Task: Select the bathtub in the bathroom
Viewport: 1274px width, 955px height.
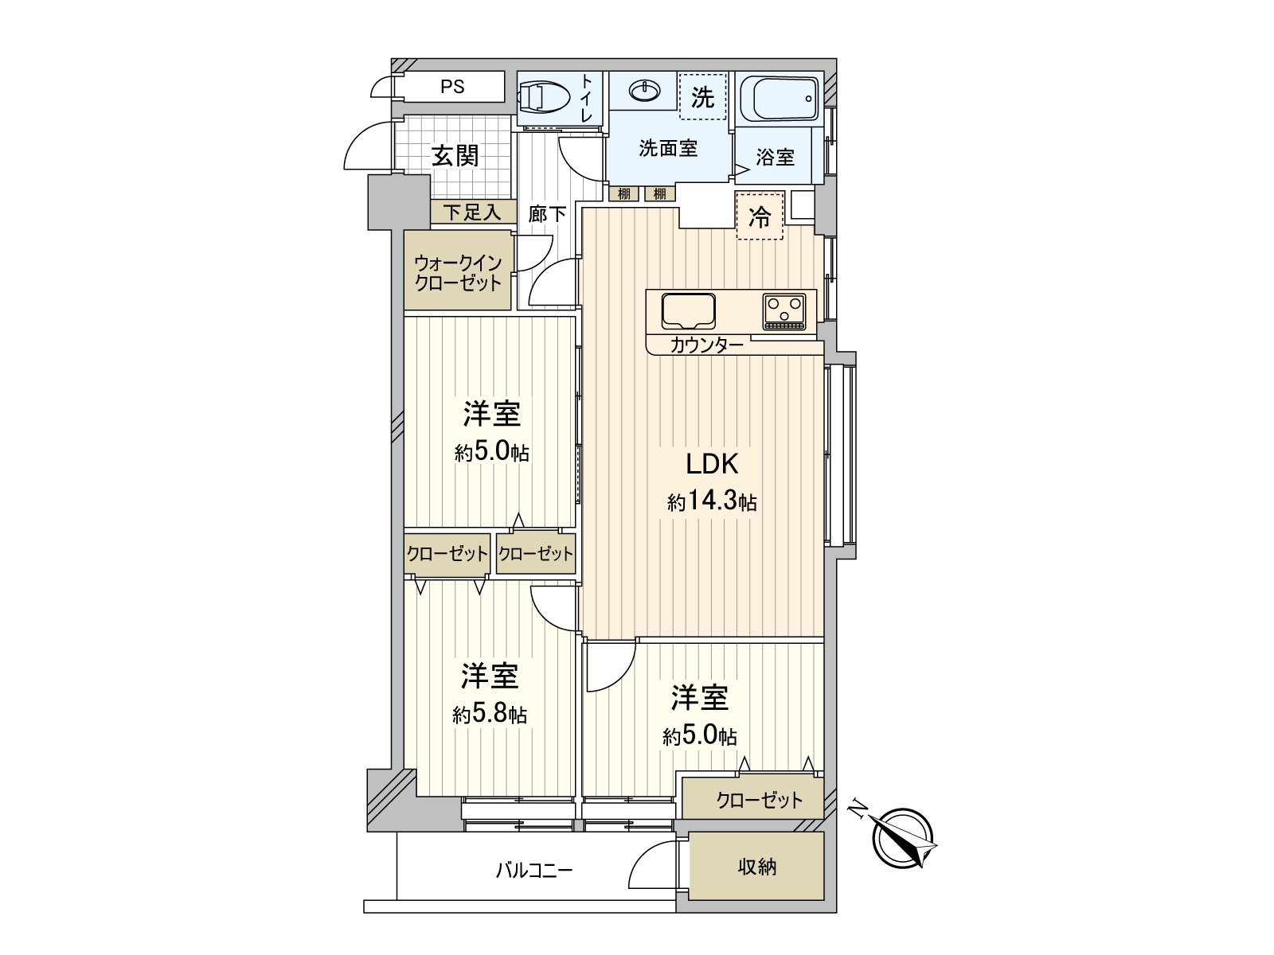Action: point(778,99)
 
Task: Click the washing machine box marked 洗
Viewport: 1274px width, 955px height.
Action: point(702,97)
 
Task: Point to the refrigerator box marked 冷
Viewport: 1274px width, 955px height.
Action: point(760,216)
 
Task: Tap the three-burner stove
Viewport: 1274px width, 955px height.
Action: point(785,310)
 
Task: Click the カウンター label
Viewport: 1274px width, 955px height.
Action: point(707,345)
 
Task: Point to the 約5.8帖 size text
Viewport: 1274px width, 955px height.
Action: point(490,715)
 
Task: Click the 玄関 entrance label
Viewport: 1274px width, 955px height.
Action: point(455,156)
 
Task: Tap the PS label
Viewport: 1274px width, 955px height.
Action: point(452,87)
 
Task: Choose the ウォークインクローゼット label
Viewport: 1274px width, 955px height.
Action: point(458,272)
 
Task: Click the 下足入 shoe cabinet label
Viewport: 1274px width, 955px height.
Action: point(471,212)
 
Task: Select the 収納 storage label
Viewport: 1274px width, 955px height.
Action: point(756,867)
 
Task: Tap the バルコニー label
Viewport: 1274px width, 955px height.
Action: point(534,870)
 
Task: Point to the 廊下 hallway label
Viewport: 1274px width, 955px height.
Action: point(547,214)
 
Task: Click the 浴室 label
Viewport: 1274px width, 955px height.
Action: point(775,158)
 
